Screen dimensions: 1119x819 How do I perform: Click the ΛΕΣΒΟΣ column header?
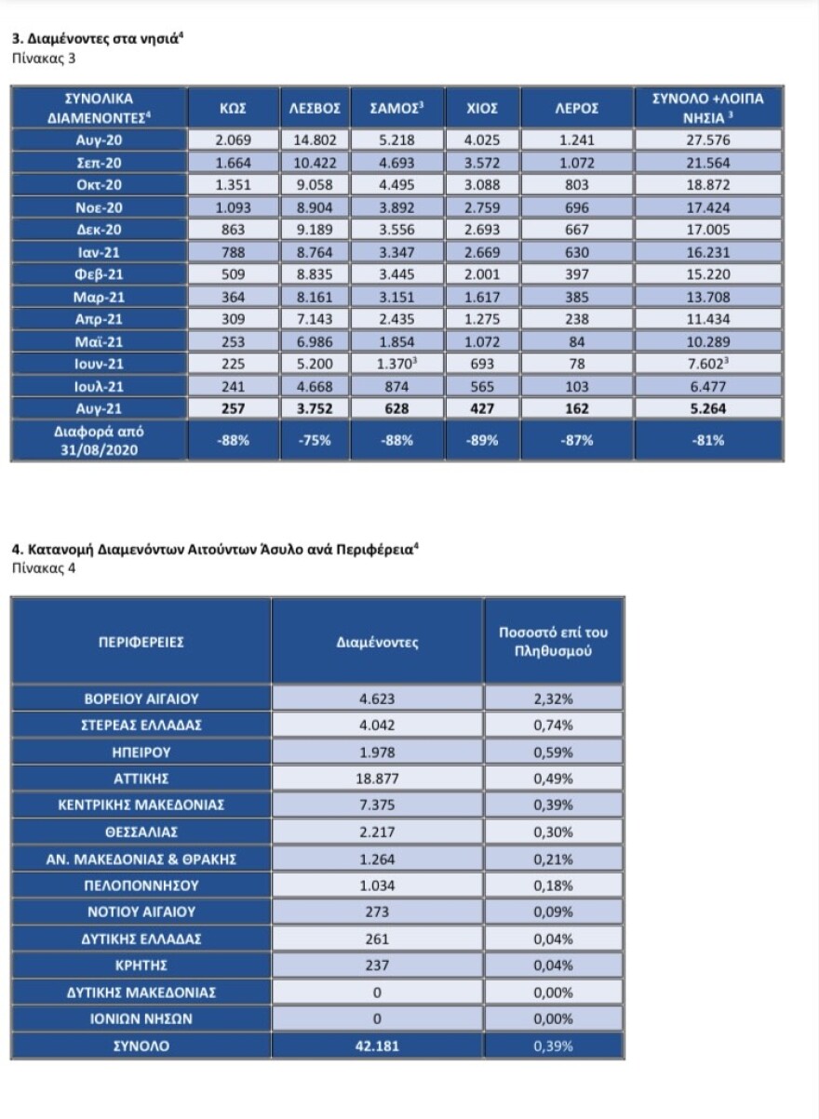pyautogui.click(x=316, y=108)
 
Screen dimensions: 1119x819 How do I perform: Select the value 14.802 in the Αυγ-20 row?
pyautogui.click(x=316, y=140)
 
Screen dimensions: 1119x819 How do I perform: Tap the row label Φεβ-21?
pyautogui.click(x=99, y=275)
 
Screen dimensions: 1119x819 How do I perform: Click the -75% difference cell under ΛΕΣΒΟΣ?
pyautogui.click(x=316, y=441)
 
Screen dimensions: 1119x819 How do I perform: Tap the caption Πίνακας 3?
pyautogui.click(x=43, y=59)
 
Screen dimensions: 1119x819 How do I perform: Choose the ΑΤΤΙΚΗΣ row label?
pyautogui.click(x=141, y=778)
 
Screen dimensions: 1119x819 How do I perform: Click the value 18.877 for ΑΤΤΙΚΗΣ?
pyautogui.click(x=377, y=778)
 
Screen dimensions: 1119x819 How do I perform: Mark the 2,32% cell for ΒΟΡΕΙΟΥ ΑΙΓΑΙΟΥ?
pyautogui.click(x=553, y=697)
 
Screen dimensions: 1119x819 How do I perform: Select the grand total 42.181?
pyautogui.click(x=377, y=1046)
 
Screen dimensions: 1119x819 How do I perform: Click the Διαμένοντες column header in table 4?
pyautogui.click(x=377, y=642)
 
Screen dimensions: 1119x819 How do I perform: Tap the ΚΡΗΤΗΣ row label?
pyautogui.click(x=141, y=966)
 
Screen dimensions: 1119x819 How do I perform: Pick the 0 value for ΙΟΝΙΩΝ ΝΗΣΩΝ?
pyautogui.click(x=377, y=1019)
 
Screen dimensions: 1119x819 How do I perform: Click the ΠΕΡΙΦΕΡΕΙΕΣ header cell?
pyautogui.click(x=141, y=642)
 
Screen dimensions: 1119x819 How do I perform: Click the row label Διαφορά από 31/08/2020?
pyautogui.click(x=99, y=441)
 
